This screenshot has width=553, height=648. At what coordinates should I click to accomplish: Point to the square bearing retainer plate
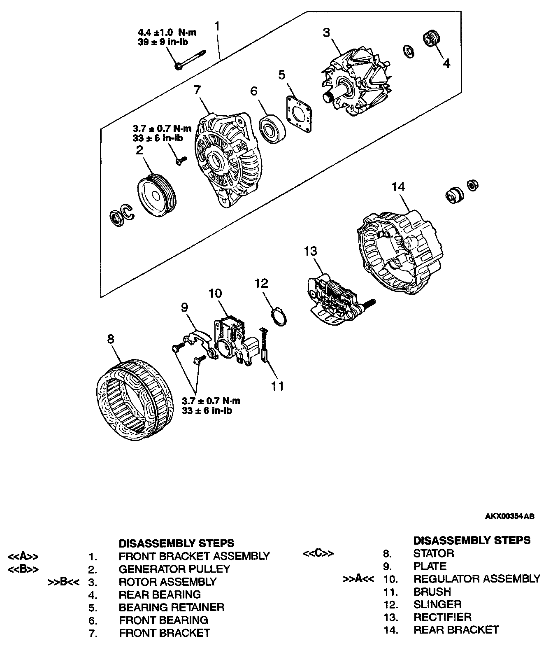(x=298, y=114)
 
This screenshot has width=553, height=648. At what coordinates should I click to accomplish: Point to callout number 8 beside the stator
(x=110, y=338)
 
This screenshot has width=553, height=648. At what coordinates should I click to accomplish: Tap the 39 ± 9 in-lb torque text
(x=163, y=42)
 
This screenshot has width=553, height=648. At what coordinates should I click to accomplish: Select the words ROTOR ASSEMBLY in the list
(x=167, y=582)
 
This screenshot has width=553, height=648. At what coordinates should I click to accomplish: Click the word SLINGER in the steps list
(x=437, y=604)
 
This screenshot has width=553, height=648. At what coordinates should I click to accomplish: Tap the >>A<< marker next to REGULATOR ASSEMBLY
(x=358, y=579)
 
